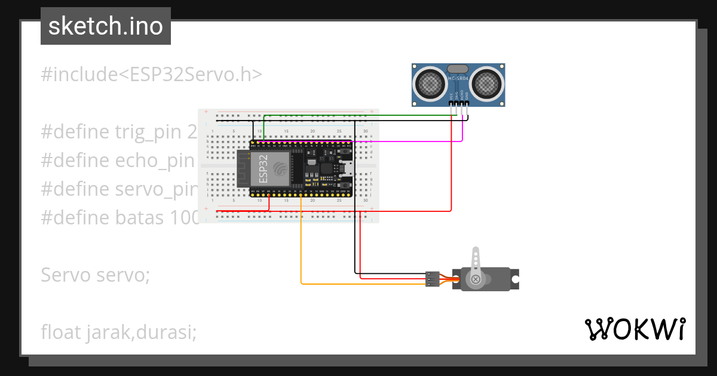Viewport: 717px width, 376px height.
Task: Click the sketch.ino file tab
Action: point(105,26)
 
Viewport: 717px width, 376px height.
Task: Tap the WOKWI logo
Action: point(635,329)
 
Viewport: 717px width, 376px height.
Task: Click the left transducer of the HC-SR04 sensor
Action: point(428,83)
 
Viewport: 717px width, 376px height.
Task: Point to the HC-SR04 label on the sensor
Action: point(458,79)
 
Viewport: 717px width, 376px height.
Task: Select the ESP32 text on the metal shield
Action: point(262,169)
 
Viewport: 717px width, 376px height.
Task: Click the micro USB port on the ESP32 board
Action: point(345,169)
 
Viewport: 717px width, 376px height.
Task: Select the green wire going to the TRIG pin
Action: point(358,115)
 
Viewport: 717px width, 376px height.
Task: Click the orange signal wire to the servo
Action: point(301,251)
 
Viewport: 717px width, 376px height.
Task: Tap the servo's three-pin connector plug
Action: point(433,279)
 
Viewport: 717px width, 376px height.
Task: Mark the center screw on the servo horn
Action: point(476,279)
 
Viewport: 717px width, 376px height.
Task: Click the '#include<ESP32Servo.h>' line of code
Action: point(151,75)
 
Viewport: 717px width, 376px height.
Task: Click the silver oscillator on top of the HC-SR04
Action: point(458,69)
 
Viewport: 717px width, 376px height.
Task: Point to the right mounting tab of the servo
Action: point(514,278)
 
